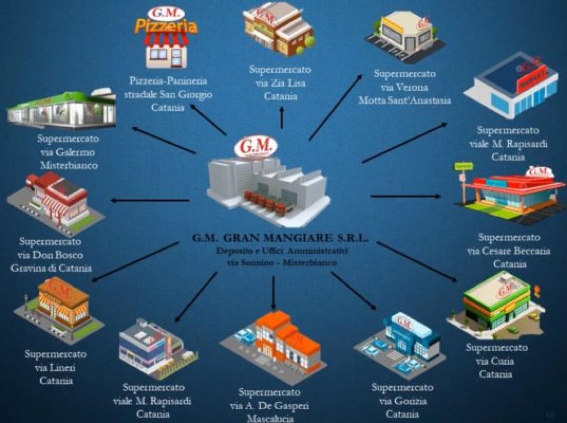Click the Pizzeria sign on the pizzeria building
pyautogui.click(x=165, y=26)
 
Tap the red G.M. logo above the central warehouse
pyautogui.click(x=255, y=146)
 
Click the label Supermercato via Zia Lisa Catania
pyautogui.click(x=280, y=83)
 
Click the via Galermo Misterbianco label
pyautogui.click(x=68, y=152)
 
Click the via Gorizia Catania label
pyautogui.click(x=402, y=401)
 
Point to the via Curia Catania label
pyautogui.click(x=496, y=361)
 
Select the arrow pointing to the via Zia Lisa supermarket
pyautogui.click(x=282, y=117)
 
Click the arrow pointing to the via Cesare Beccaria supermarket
pyautogui.click(x=407, y=196)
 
